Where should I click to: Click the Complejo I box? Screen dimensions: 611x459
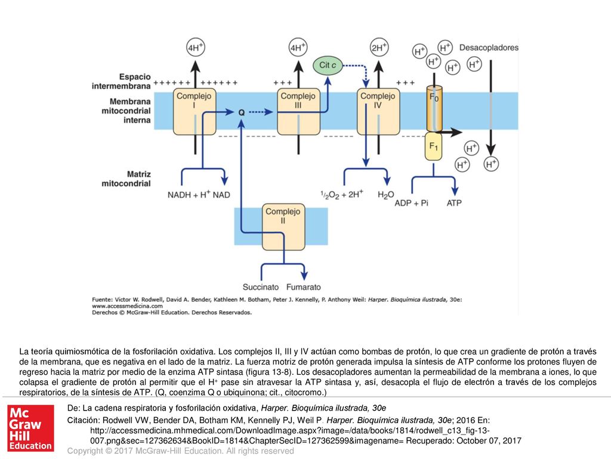(195, 112)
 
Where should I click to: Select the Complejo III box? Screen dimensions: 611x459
(298, 112)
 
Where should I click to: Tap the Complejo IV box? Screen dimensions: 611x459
(378, 112)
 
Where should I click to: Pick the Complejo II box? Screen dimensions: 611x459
(283, 227)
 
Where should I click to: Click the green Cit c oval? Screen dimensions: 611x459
(328, 65)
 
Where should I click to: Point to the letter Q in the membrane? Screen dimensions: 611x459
(242, 112)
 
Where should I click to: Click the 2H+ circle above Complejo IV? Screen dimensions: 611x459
(379, 47)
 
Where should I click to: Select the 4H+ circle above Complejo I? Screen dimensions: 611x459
(195, 47)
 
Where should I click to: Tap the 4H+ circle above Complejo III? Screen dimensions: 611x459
(298, 47)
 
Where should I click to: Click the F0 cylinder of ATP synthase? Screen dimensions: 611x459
(434, 109)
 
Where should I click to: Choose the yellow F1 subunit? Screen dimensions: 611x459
(433, 146)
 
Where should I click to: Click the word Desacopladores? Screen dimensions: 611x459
(489, 48)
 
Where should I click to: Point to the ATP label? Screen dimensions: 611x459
(454, 203)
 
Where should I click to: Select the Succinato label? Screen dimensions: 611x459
(261, 287)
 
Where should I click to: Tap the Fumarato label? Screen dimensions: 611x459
(304, 287)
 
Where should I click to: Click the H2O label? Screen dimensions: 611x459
(386, 195)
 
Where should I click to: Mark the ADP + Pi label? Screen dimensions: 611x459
(411, 203)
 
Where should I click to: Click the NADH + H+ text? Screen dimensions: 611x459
(189, 194)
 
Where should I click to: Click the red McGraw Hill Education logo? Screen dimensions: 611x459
(31, 428)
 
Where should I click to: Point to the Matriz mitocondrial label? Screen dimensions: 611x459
(126, 179)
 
